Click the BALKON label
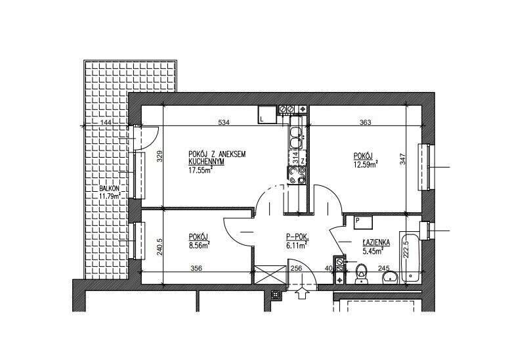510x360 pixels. tap(110, 189)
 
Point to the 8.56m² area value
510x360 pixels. tap(199, 245)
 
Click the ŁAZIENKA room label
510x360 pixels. tap(376, 242)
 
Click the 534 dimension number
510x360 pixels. tap(224, 122)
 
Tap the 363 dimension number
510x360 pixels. tap(365, 122)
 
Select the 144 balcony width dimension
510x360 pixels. tap(106, 122)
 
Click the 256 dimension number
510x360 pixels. tap(296, 268)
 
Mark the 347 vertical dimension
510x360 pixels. tap(403, 159)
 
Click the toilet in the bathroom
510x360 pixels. tap(361, 274)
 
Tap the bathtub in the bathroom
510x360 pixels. tap(410, 258)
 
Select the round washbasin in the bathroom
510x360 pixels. tap(390, 277)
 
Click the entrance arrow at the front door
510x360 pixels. tap(303, 293)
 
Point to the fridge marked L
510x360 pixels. tap(267, 115)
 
